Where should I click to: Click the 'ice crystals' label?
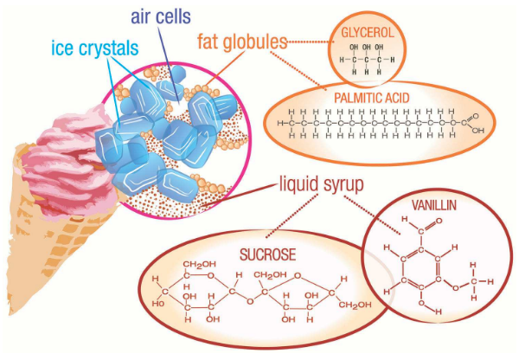coord(95,48)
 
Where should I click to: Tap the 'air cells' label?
coord(161,16)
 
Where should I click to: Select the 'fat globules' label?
coord(242,42)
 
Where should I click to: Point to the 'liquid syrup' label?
coord(322,184)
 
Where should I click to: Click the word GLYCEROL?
coord(368,33)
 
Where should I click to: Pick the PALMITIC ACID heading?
coord(372,98)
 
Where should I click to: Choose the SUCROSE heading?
coord(268,254)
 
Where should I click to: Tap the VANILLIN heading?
coord(434,205)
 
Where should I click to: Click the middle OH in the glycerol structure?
coord(367,48)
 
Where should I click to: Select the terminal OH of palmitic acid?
coord(477,131)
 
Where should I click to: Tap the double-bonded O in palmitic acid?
coord(475,116)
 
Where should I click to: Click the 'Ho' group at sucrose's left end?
coord(158,304)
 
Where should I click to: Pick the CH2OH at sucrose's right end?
coord(355,305)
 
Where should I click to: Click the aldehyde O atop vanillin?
coord(439,221)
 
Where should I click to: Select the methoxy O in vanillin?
coord(455,288)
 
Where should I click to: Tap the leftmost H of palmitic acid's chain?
coord(280,123)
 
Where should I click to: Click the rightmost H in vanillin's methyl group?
coord(490,281)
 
